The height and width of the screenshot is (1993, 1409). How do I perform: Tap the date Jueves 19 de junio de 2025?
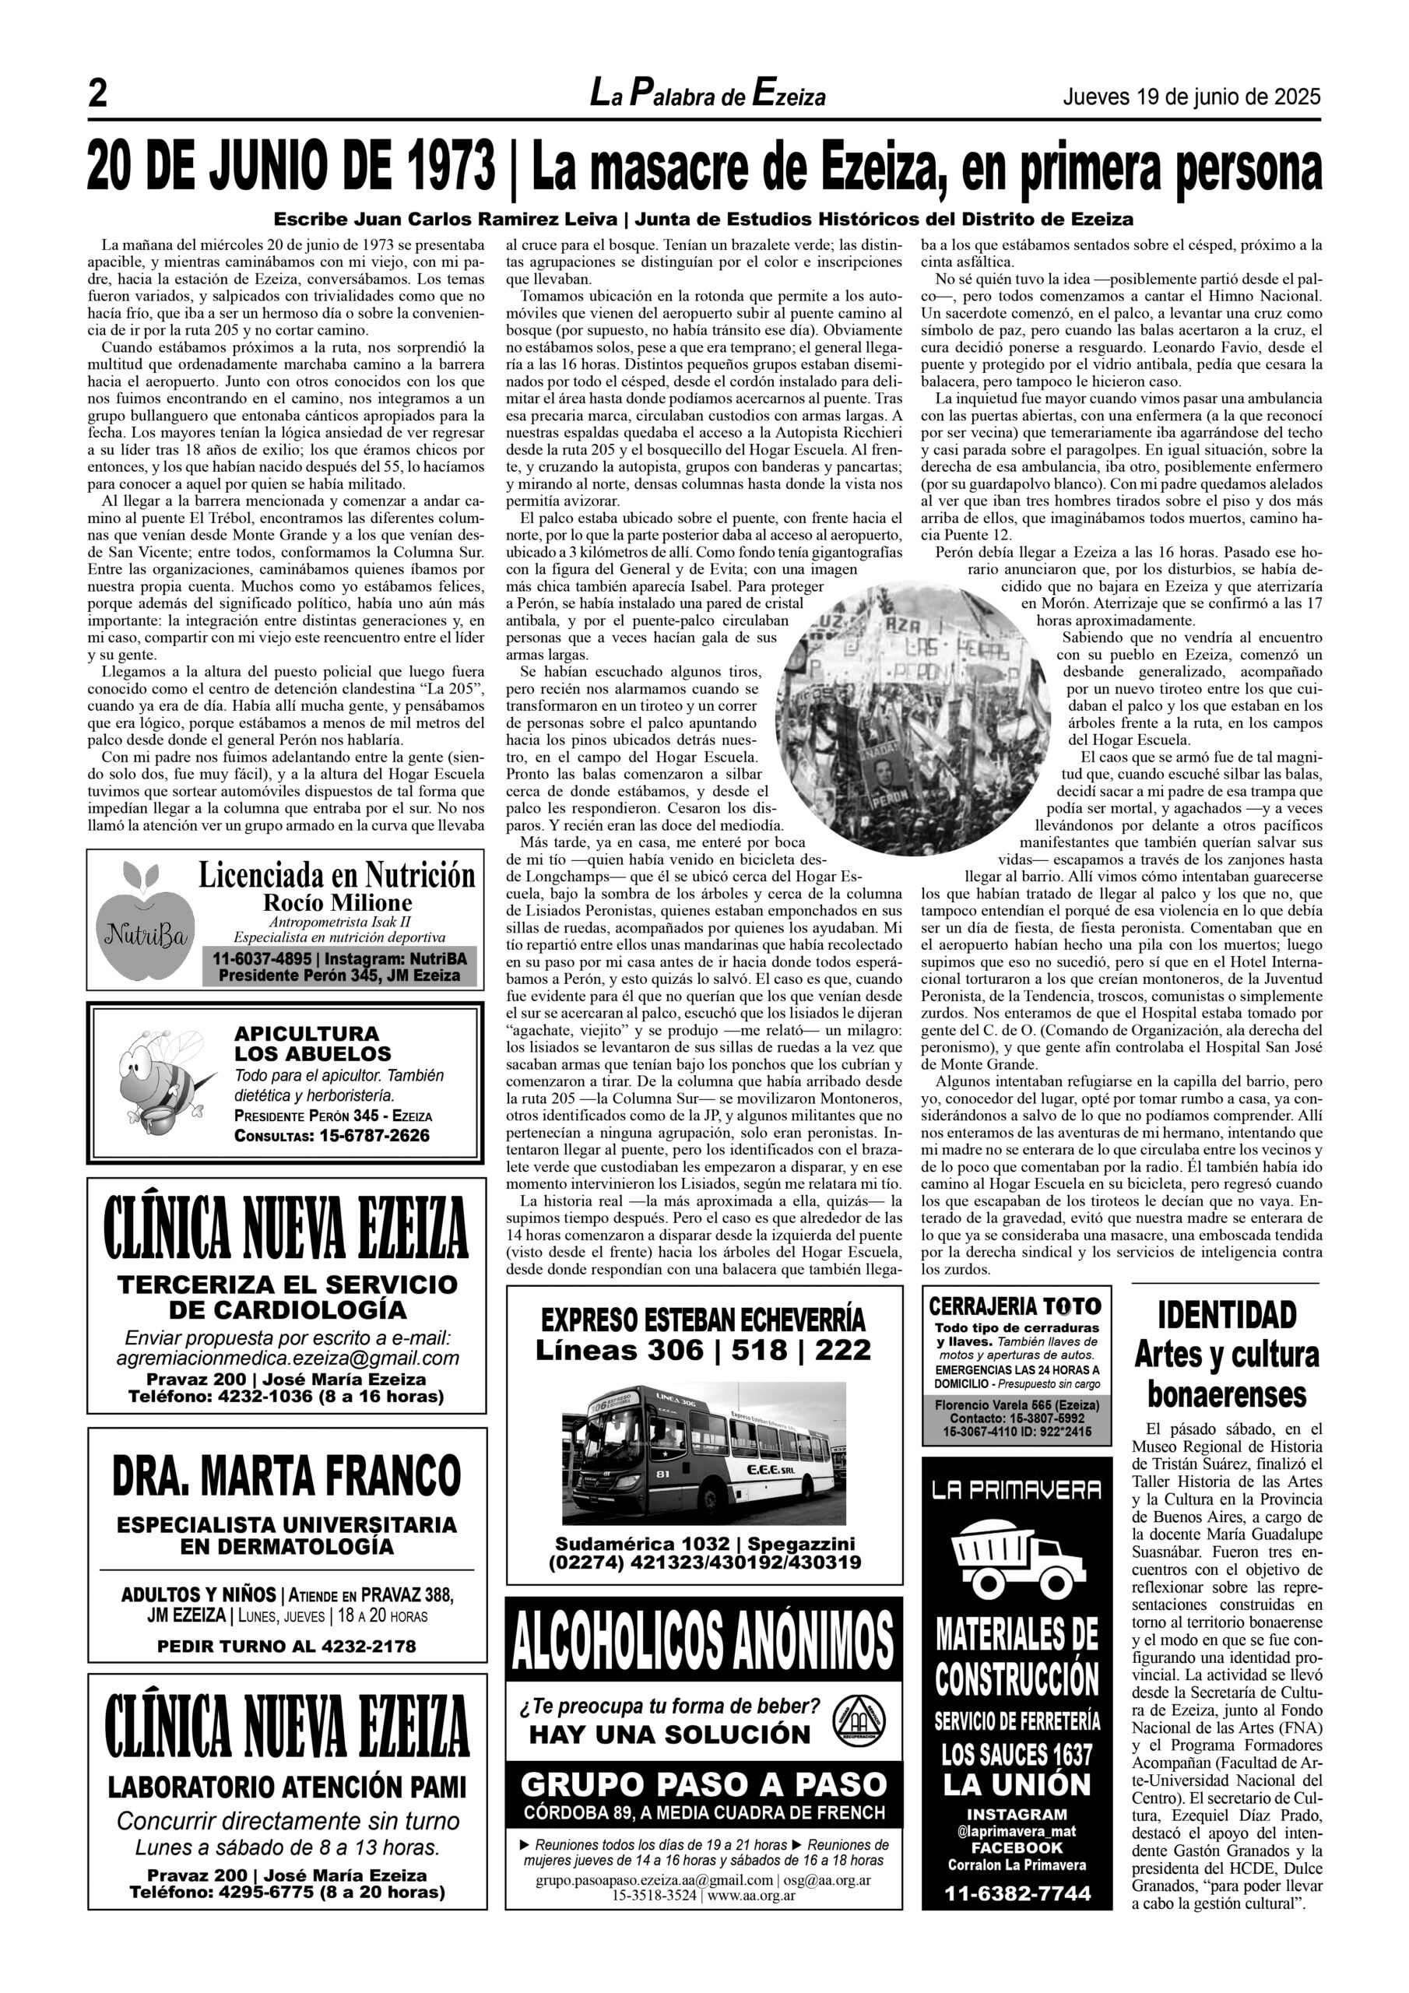coord(1191,97)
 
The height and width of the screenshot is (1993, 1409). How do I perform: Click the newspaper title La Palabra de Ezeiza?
coord(708,95)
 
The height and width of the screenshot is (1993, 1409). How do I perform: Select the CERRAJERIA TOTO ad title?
coord(1015,1306)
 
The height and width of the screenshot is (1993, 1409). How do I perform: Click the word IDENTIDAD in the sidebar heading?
coord(1227,1314)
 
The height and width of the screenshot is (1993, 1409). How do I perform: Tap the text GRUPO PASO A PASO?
coord(703,1784)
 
